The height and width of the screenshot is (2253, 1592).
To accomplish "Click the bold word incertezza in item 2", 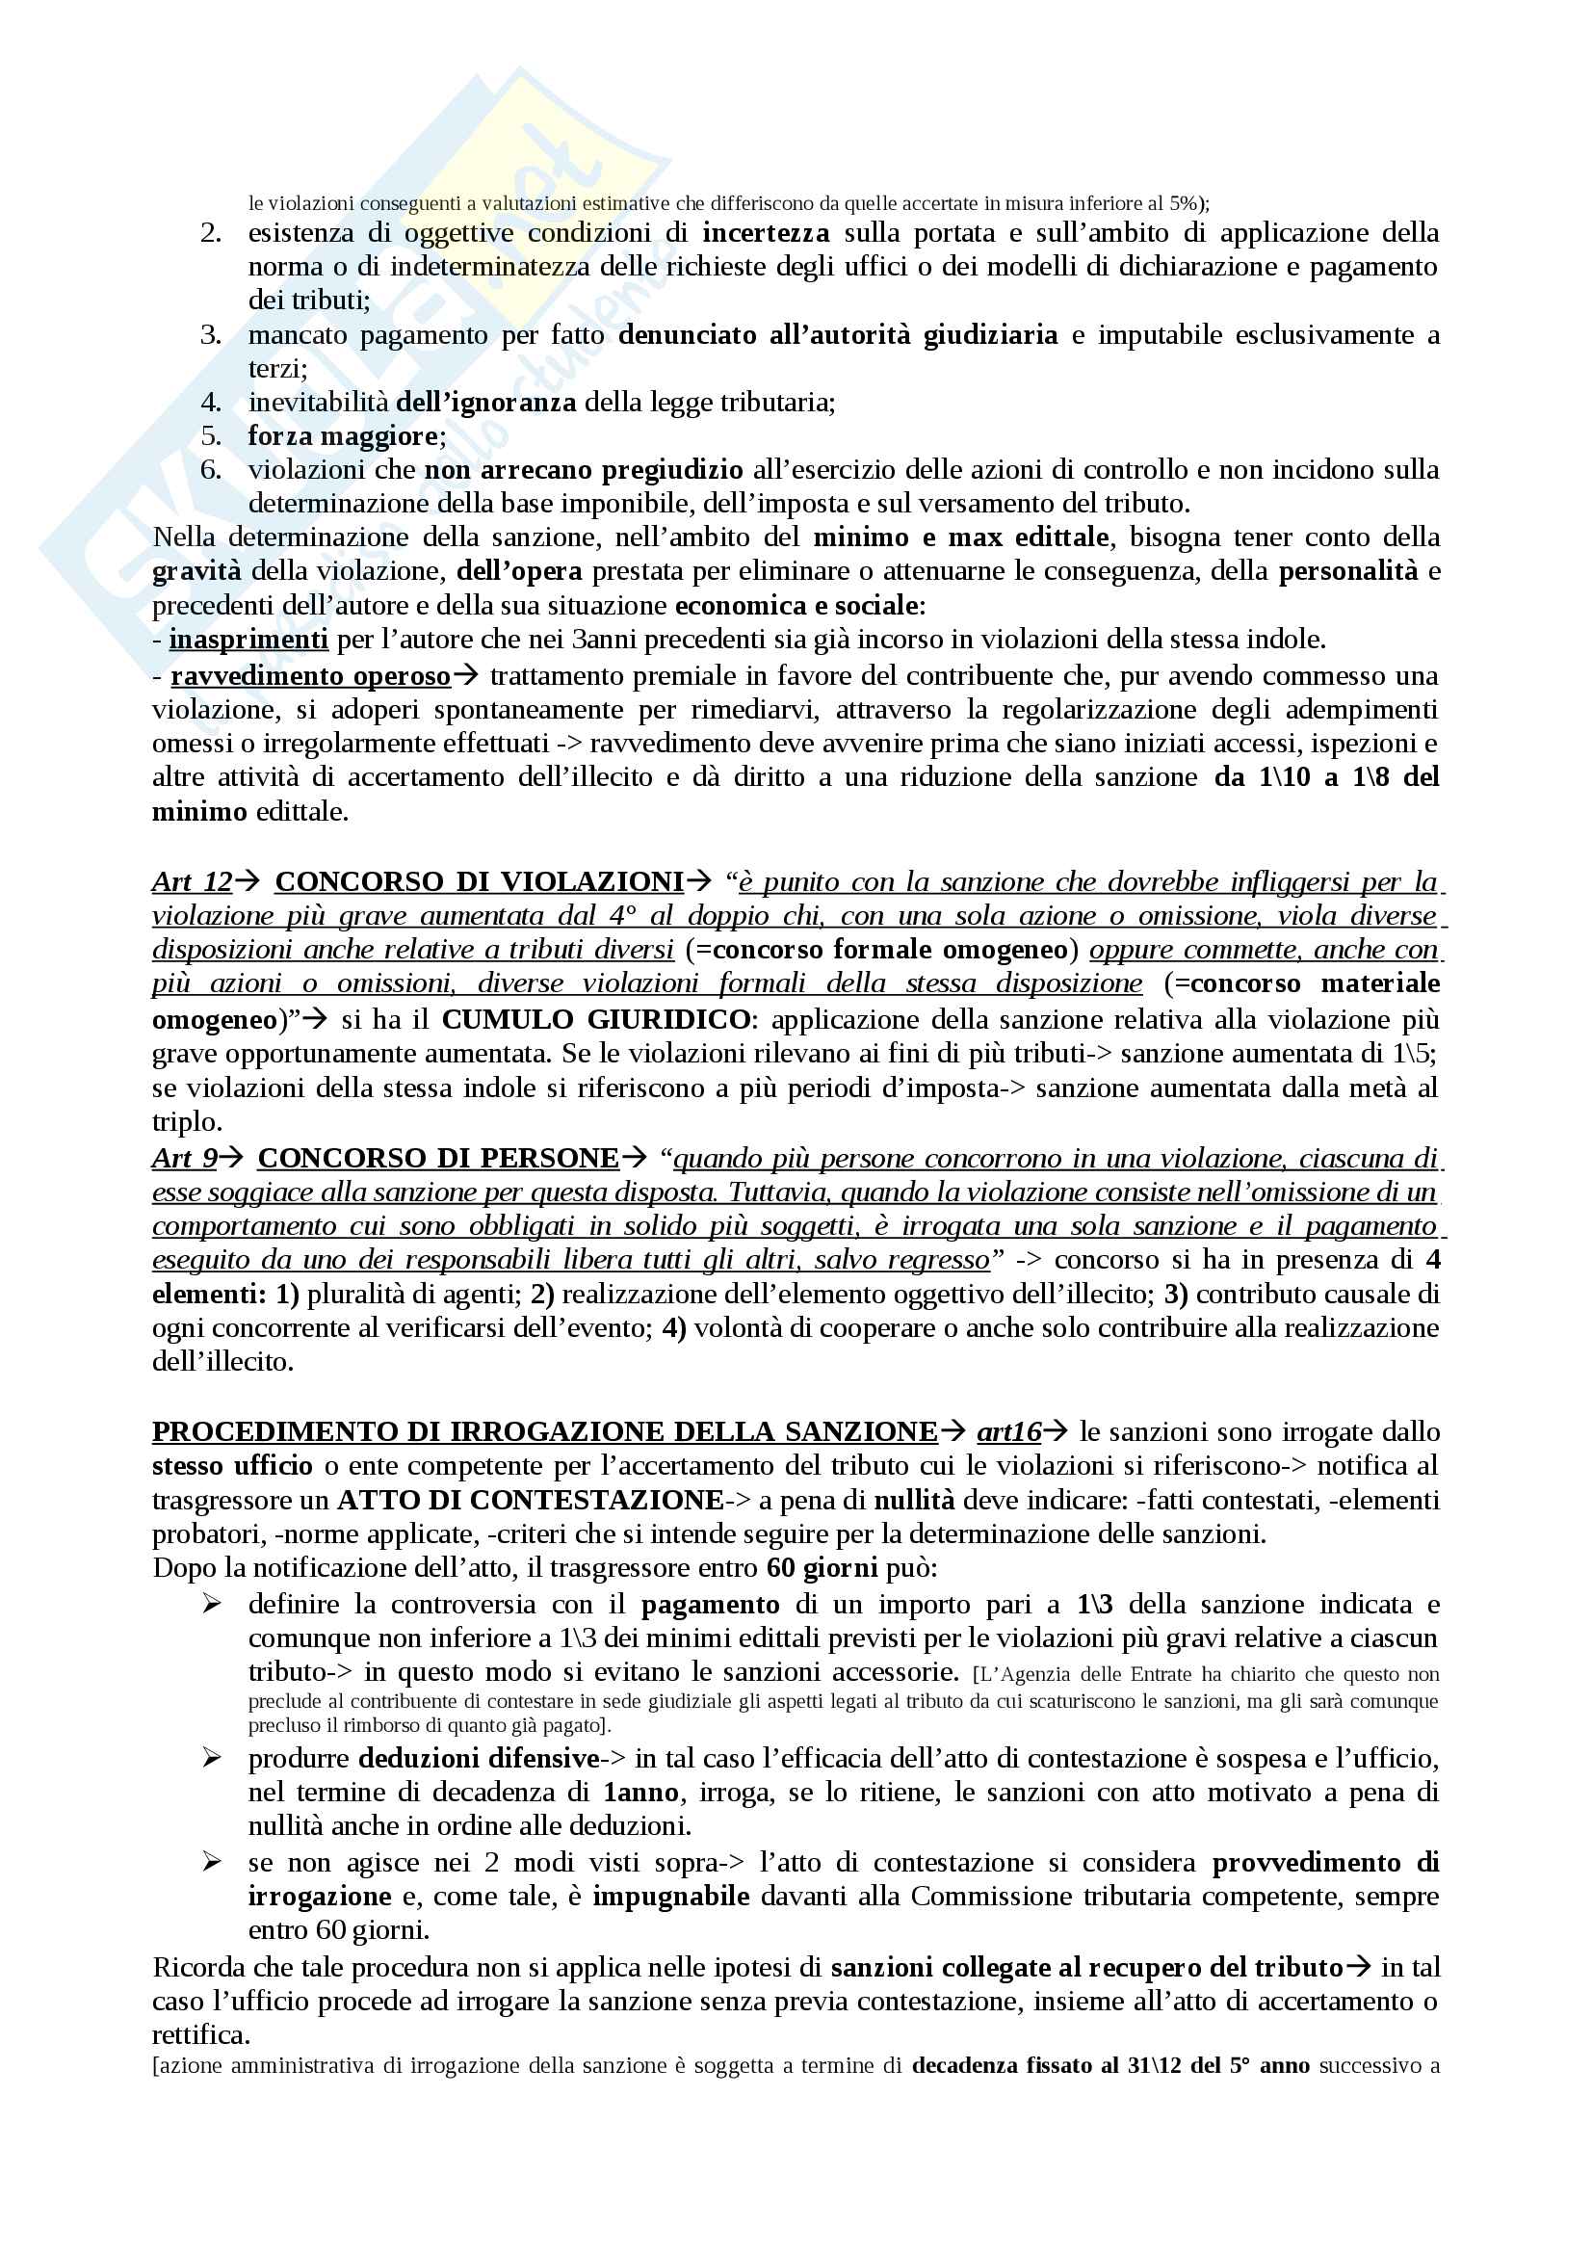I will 765,233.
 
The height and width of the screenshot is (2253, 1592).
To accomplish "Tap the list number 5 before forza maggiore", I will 211,435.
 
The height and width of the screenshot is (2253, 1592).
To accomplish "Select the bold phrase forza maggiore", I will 343,435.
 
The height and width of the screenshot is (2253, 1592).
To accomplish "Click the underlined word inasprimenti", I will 248,640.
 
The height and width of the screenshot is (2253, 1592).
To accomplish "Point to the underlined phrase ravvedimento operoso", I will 311,676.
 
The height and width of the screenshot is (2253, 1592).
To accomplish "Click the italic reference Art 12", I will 193,882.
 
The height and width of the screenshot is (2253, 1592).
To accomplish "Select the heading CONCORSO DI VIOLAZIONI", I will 479,882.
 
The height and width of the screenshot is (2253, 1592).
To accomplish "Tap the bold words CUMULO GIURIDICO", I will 596,1019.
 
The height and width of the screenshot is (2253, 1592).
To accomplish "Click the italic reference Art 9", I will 184,1159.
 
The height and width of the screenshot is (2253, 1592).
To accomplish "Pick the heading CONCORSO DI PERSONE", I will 437,1159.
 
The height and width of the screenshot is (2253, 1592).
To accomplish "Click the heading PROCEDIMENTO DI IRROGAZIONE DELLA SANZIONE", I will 544,1432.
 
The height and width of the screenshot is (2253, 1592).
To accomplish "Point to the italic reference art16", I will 1008,1432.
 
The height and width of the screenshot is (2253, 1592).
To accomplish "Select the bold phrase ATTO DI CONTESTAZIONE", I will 530,1501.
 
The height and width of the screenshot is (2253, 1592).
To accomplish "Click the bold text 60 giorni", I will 822,1568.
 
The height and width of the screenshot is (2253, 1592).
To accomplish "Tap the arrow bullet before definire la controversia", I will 212,1605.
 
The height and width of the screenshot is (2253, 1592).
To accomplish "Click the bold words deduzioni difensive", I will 478,1759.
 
